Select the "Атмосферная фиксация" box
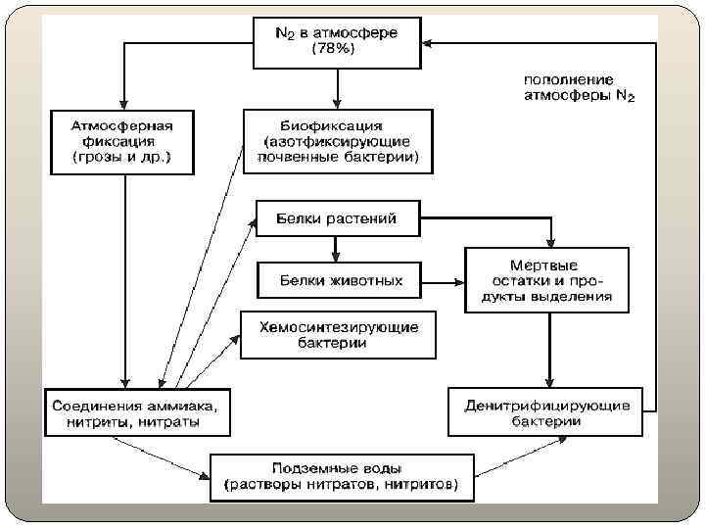tap(121, 142)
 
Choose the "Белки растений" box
tap(338, 218)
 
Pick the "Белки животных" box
tap(339, 280)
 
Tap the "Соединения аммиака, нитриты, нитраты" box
tap(136, 412)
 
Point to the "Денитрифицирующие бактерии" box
tap(545, 412)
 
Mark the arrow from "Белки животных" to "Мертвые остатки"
tap(442, 281)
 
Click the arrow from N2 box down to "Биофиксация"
tap(337, 88)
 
